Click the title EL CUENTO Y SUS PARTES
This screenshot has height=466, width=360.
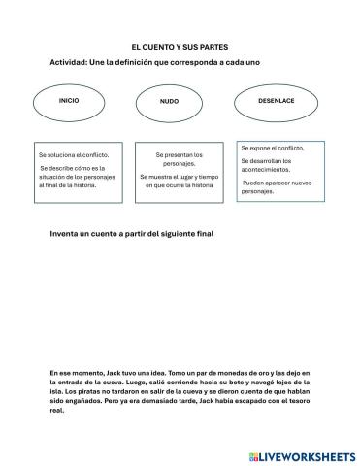180,46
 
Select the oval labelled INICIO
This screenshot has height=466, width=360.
69,101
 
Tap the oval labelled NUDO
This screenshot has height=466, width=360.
170,102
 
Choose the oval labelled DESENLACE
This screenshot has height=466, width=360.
277,101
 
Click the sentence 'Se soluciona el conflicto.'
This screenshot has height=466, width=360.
74,154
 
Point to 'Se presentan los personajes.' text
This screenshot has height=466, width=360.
180,159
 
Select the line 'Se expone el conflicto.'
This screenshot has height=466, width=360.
273,148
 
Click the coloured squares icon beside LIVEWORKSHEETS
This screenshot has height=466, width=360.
253,455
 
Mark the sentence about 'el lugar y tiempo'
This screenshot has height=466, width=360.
180,182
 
